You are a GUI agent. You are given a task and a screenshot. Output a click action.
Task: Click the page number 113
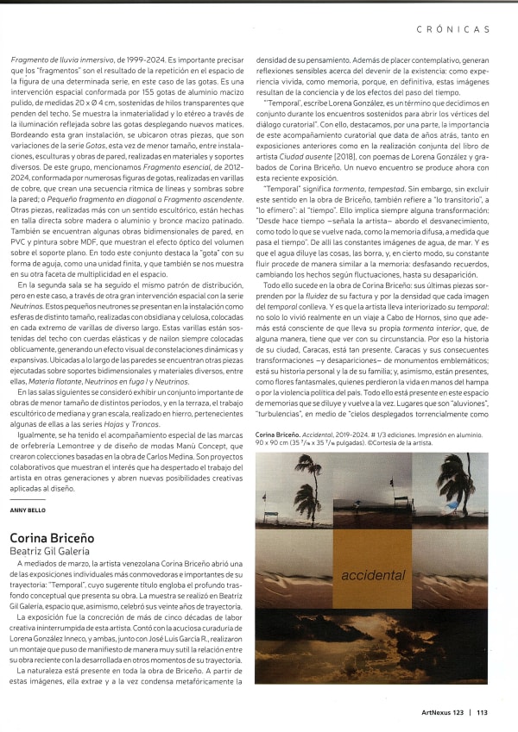pos(482,712)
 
